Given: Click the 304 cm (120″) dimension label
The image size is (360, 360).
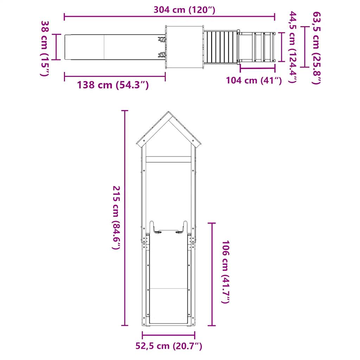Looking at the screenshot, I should (184, 10).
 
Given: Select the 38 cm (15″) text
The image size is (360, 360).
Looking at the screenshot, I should (45, 48).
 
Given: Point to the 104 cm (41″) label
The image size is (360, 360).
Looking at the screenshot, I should (254, 81).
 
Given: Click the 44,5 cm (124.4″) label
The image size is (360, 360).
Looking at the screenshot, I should (293, 47).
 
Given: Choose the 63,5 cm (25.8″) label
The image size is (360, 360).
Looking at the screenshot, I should (316, 48).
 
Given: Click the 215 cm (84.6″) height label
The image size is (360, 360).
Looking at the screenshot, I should (116, 218).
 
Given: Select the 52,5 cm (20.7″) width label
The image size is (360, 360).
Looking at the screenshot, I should (169, 346).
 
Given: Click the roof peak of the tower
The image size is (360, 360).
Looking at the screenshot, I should (168, 114).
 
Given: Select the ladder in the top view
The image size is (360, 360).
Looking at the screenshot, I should (257, 47).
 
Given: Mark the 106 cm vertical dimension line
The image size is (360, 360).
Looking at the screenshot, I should (211, 274).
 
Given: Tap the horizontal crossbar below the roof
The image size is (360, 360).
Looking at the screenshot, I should (168, 159).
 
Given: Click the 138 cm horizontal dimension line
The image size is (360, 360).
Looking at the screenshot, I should (115, 76).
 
